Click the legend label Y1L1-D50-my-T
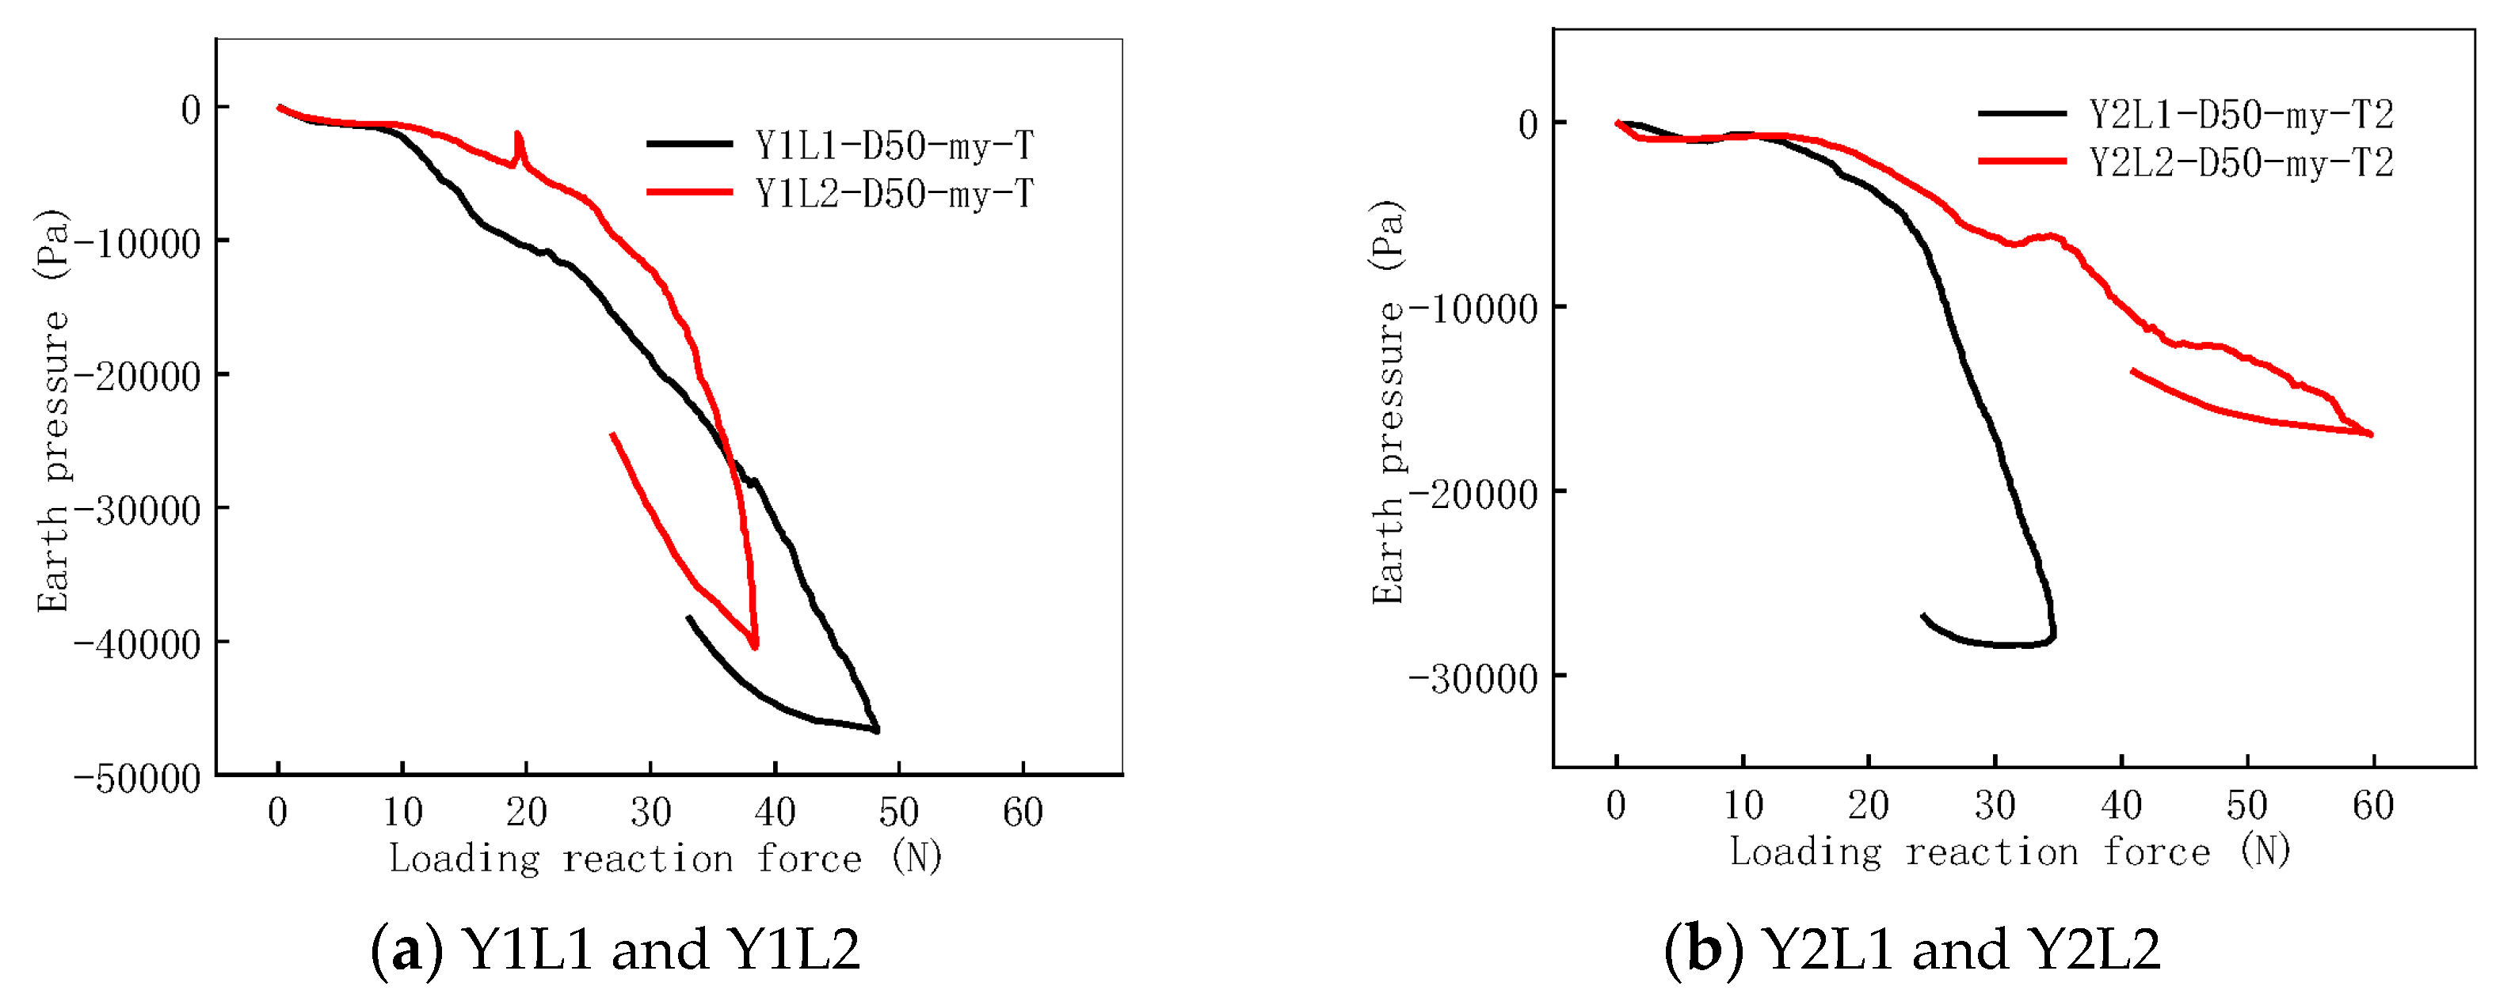click(x=894, y=146)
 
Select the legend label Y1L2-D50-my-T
click(x=894, y=193)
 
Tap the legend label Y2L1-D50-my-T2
click(x=2241, y=115)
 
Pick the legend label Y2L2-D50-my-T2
click(x=2241, y=163)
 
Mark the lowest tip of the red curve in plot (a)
click(x=755, y=646)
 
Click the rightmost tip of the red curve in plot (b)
click(x=2372, y=434)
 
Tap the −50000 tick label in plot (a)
click(x=137, y=779)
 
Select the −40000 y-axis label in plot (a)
click(x=137, y=644)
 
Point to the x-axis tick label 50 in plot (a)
click(x=898, y=812)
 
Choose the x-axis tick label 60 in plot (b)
click(x=2372, y=806)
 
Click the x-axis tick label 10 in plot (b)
click(x=1743, y=806)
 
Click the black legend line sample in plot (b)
click(x=2021, y=114)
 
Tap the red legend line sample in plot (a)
click(x=689, y=192)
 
